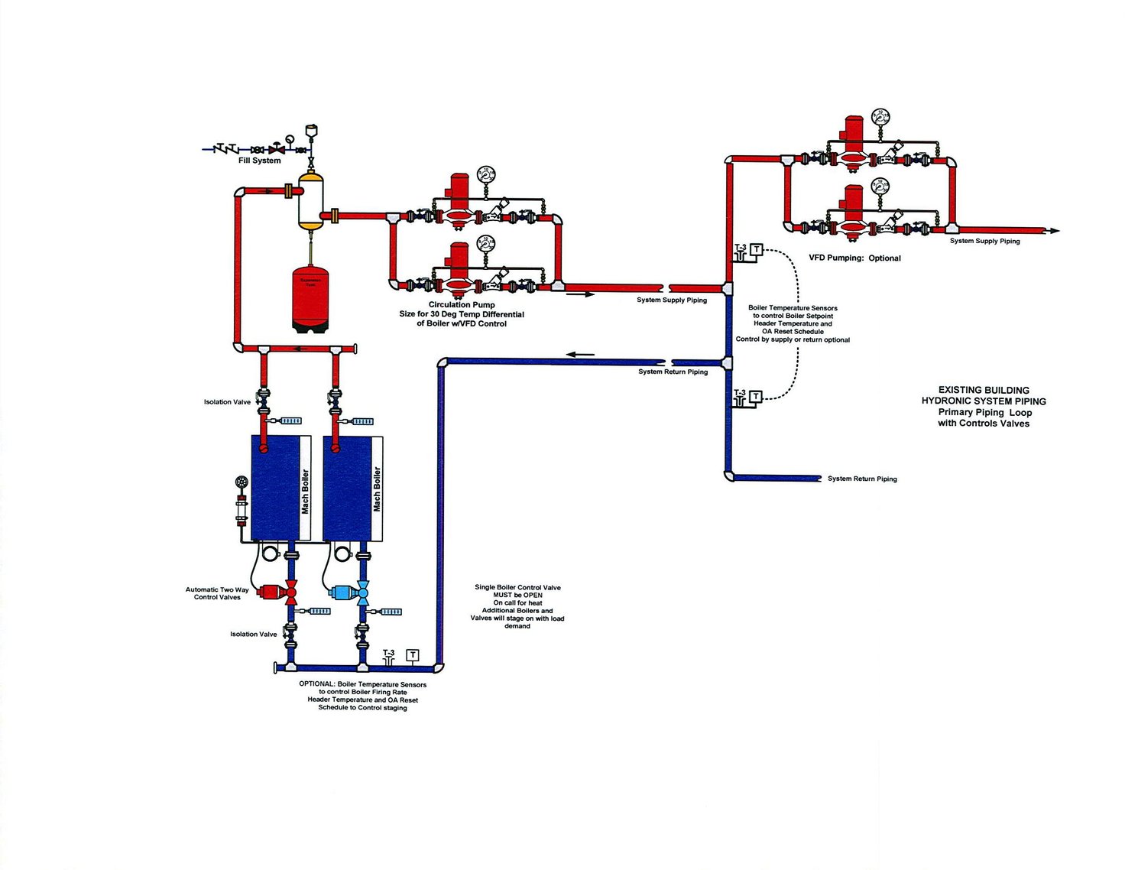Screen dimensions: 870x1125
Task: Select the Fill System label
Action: (x=259, y=161)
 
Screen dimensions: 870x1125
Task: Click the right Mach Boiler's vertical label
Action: (x=377, y=489)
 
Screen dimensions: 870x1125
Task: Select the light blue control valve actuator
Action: (x=341, y=592)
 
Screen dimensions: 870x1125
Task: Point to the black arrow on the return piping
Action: (x=580, y=354)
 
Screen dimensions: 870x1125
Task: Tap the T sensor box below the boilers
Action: (x=413, y=655)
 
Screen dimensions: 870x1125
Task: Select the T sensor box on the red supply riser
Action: (x=756, y=249)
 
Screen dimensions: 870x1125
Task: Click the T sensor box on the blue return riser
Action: (x=755, y=396)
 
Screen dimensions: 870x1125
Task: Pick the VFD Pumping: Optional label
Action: (x=854, y=258)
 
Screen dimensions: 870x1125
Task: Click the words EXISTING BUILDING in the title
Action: (x=983, y=390)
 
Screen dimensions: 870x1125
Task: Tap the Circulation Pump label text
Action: (x=461, y=304)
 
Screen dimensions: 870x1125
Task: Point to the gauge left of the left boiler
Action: (x=242, y=483)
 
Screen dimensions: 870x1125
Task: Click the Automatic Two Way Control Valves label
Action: (x=217, y=593)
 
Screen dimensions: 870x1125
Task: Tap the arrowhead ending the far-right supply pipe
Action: (x=1055, y=231)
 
